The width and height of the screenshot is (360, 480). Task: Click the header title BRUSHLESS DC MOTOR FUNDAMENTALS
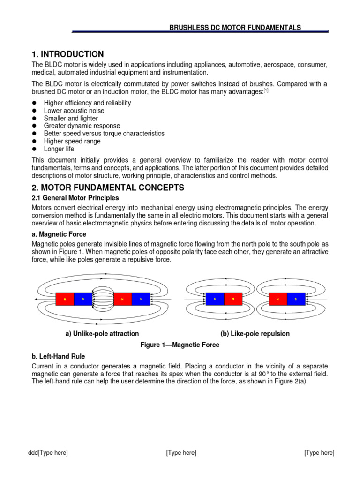tap(235, 28)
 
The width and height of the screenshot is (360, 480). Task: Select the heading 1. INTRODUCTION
tap(67, 54)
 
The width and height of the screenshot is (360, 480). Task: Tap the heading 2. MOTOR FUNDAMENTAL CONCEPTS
tap(108, 187)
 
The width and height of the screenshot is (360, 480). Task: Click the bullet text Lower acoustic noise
tap(74, 111)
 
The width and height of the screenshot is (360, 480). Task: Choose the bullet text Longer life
tap(60, 149)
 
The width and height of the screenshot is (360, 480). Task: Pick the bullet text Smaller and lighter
tap(71, 118)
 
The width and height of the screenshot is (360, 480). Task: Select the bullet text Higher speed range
tap(71, 141)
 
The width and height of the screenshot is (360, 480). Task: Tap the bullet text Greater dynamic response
tap(82, 126)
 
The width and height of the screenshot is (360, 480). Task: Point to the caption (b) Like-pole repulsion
tap(255, 334)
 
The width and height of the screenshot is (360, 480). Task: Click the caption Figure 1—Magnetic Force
tap(180, 345)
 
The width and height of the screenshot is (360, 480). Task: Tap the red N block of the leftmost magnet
tap(65, 299)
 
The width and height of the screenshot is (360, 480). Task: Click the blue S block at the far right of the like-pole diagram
tap(296, 299)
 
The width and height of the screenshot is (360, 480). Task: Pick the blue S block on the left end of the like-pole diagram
tap(215, 299)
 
